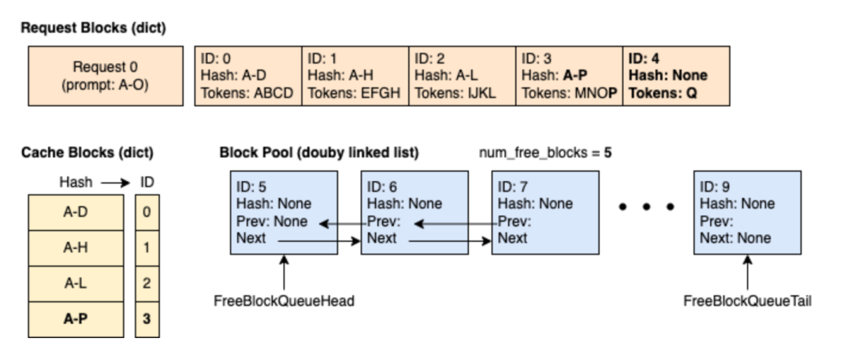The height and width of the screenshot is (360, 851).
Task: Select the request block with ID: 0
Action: coord(247,77)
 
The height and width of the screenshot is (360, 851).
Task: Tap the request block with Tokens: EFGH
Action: coord(355,77)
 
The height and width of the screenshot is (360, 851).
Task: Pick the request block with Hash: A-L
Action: coord(462,77)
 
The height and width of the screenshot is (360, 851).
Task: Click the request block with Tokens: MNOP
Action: coord(568,77)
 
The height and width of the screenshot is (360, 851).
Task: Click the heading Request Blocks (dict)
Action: coord(93,28)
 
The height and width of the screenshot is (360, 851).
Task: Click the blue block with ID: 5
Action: coord(284,213)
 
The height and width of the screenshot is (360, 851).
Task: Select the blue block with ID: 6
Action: coord(414,213)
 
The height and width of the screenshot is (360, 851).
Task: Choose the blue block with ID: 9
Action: coord(747,213)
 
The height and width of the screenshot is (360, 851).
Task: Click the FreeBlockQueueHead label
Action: coord(284,300)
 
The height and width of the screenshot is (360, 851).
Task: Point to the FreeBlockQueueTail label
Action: coord(746,300)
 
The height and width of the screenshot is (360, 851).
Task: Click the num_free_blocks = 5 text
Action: coord(545,152)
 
